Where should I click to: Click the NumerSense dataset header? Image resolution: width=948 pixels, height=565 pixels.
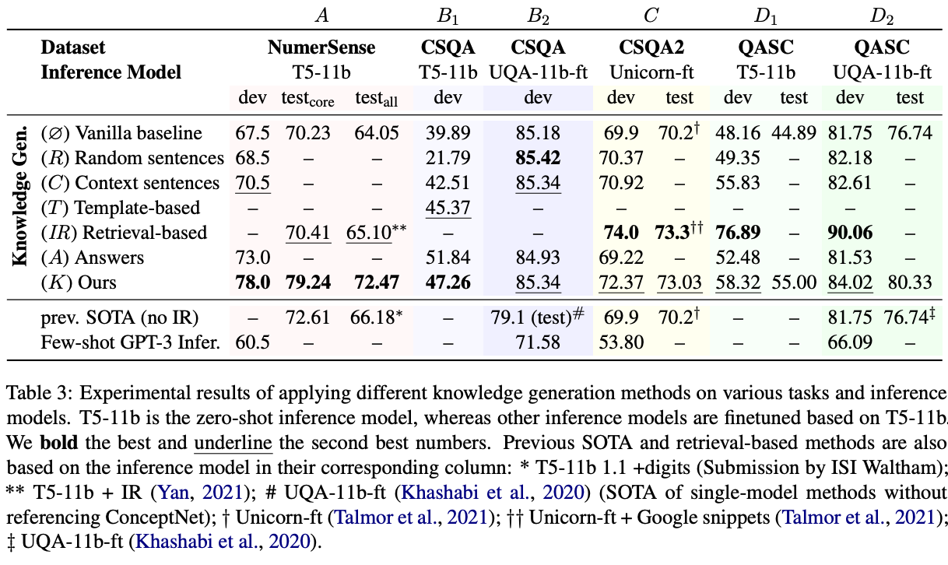[321, 47]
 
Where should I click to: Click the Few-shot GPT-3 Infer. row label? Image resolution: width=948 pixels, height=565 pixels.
[129, 344]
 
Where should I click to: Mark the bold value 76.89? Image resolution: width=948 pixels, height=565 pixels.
[737, 233]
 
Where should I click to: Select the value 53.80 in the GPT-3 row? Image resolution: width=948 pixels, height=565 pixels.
[620, 344]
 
